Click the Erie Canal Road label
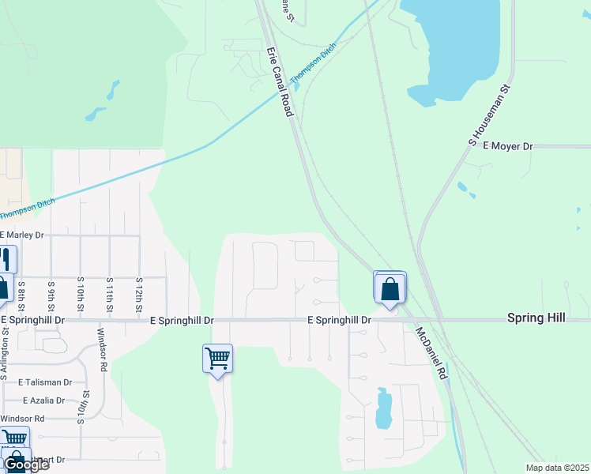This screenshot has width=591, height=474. [x=280, y=83]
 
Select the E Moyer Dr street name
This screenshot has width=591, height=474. [x=508, y=146]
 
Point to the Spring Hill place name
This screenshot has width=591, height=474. [x=536, y=317]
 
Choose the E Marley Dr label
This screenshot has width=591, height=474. [x=22, y=235]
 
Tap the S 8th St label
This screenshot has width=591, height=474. [x=21, y=294]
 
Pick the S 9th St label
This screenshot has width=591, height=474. [x=51, y=294]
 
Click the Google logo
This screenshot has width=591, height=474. [x=26, y=465]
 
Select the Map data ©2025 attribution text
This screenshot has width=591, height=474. [x=558, y=468]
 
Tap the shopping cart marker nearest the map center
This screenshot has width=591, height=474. [x=217, y=359]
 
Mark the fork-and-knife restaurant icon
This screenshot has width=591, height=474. [x=6, y=258]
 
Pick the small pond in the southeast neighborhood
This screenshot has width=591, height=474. [x=384, y=408]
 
